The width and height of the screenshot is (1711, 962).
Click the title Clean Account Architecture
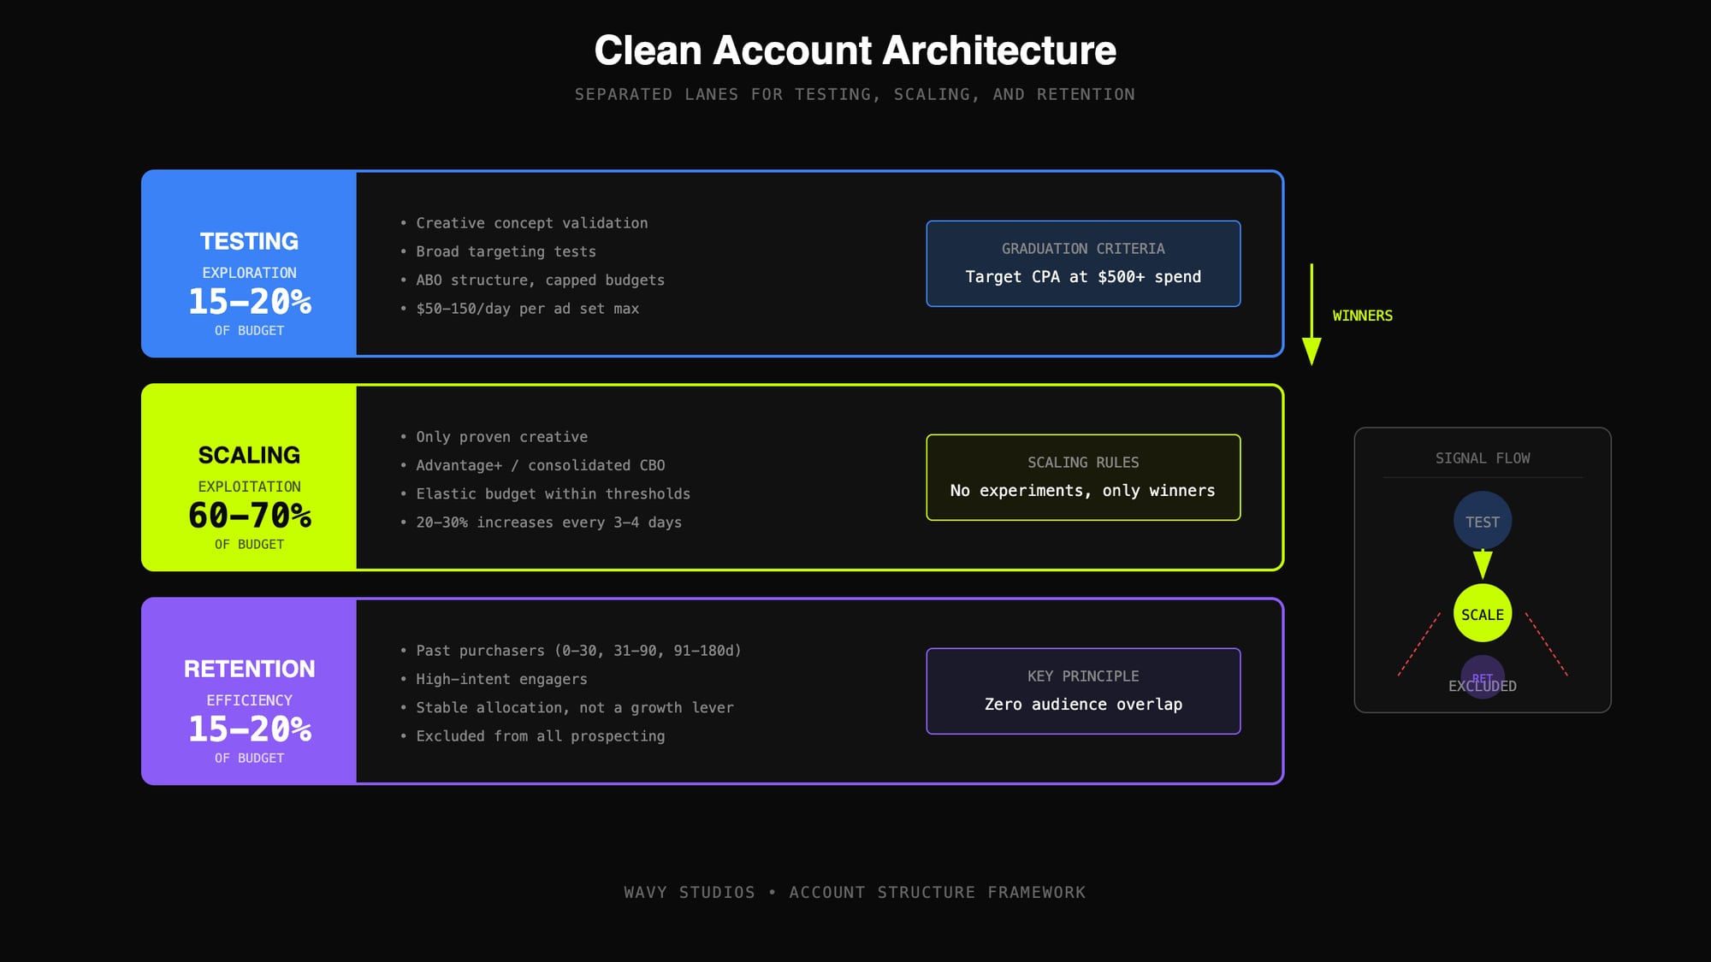(855, 50)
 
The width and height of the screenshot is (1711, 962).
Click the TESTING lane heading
(249, 242)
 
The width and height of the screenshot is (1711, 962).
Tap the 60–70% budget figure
(249, 516)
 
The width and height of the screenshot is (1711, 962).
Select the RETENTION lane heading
(249, 669)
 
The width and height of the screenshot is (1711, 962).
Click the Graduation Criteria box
(1083, 263)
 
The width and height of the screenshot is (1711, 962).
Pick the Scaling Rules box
(1083, 477)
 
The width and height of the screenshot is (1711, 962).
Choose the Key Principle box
(1083, 691)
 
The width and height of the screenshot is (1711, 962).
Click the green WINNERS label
(1362, 316)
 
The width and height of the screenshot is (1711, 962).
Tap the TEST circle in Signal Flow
(1482, 520)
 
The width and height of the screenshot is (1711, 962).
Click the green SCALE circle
(1482, 614)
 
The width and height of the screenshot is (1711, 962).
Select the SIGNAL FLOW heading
(1482, 458)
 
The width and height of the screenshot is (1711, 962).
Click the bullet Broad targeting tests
(506, 251)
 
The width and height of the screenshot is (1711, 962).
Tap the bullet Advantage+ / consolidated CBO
(540, 465)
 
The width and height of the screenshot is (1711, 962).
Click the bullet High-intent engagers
(501, 679)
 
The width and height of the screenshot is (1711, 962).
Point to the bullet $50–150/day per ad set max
(527, 309)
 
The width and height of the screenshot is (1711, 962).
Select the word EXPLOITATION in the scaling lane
(249, 487)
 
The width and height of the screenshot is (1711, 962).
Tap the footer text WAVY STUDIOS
(689, 892)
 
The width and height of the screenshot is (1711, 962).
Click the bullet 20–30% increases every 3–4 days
(548, 522)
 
